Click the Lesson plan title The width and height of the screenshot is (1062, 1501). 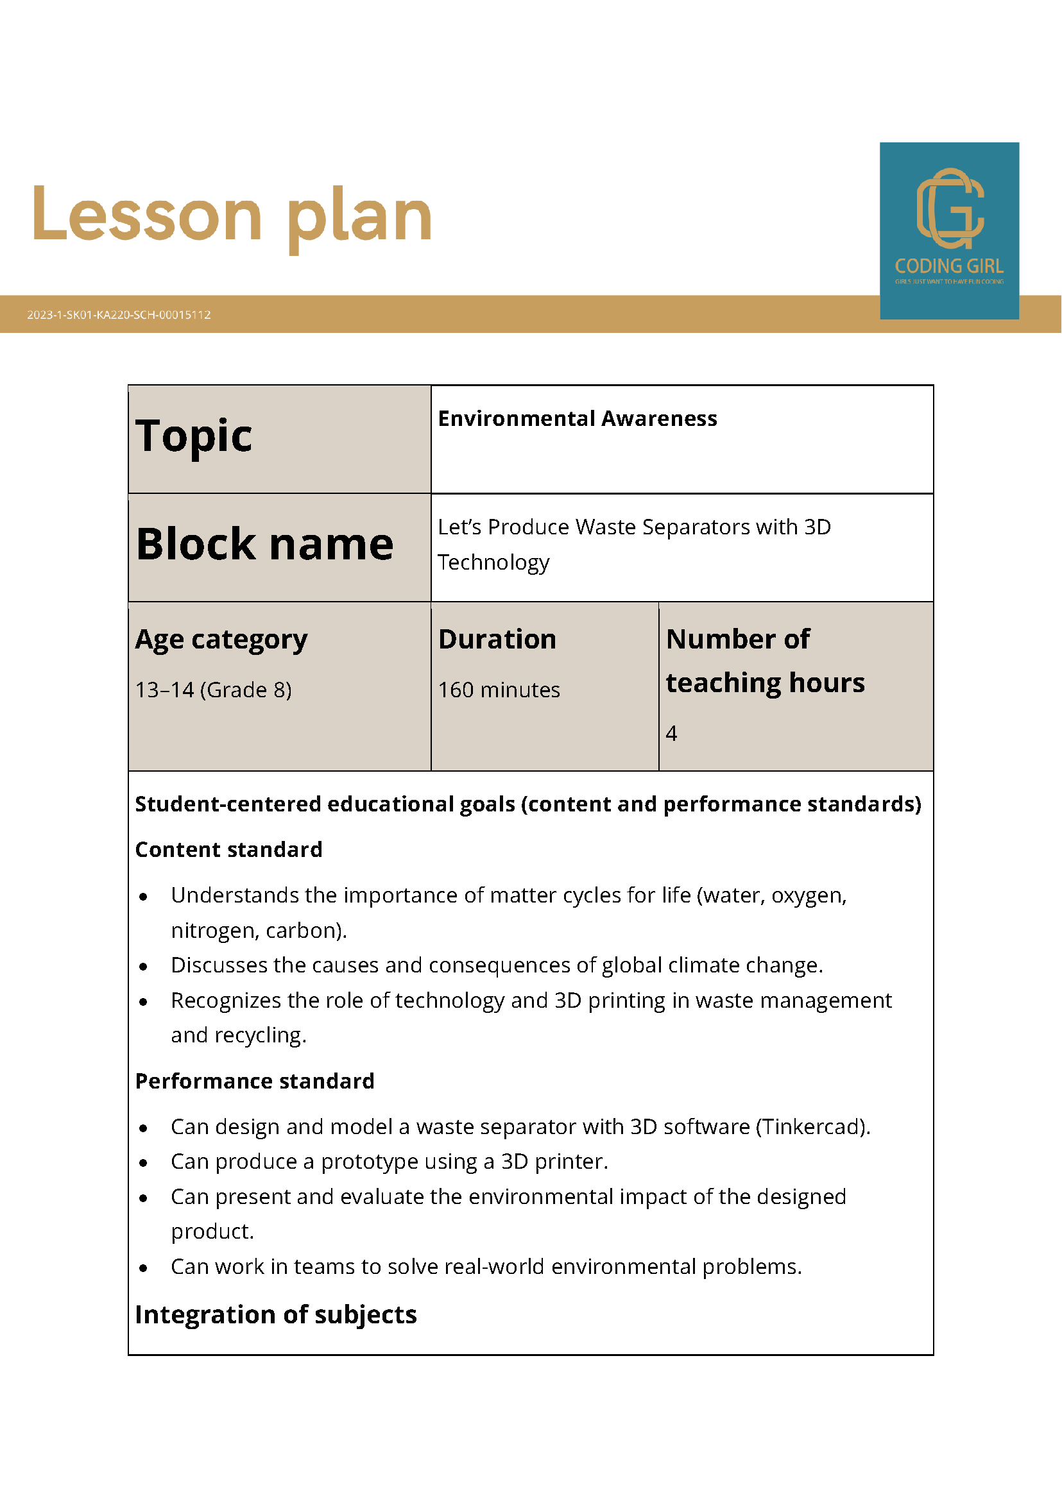(232, 216)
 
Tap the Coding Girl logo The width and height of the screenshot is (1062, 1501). (949, 230)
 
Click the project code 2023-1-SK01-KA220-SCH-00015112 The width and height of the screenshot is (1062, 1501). (119, 314)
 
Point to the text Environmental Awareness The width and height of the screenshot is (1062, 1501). (577, 418)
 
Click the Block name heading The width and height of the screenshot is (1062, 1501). (265, 544)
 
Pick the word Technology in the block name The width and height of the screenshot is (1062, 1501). (493, 562)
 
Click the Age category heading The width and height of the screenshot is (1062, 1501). (221, 639)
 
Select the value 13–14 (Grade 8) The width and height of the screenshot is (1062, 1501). (213, 690)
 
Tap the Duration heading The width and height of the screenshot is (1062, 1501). (497, 639)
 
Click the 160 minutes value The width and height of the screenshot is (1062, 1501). (499, 690)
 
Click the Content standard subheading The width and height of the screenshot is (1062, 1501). (228, 849)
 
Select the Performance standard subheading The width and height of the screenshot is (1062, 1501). (254, 1081)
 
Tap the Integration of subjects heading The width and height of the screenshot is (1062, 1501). (275, 1314)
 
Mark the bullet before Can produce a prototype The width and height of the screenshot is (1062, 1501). (143, 1163)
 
